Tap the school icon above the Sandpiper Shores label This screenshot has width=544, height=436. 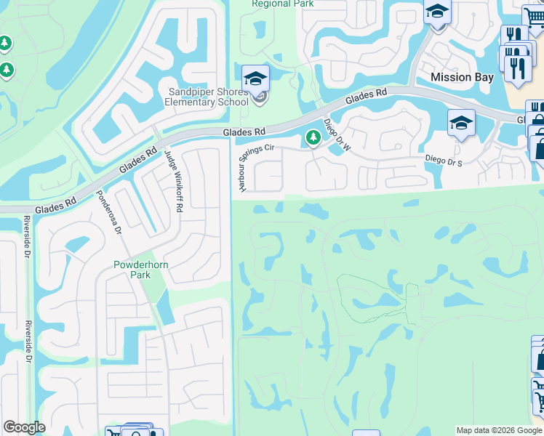tap(256, 78)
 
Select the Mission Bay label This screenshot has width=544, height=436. tap(462, 77)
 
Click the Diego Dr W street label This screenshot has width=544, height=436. tap(337, 135)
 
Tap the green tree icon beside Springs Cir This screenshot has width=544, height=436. tap(313, 137)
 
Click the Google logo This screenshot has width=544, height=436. tap(24, 427)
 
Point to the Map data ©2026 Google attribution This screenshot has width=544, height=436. tap(500, 430)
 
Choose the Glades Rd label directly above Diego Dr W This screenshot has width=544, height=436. tap(366, 97)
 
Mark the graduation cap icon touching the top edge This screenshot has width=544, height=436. tap(438, 12)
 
